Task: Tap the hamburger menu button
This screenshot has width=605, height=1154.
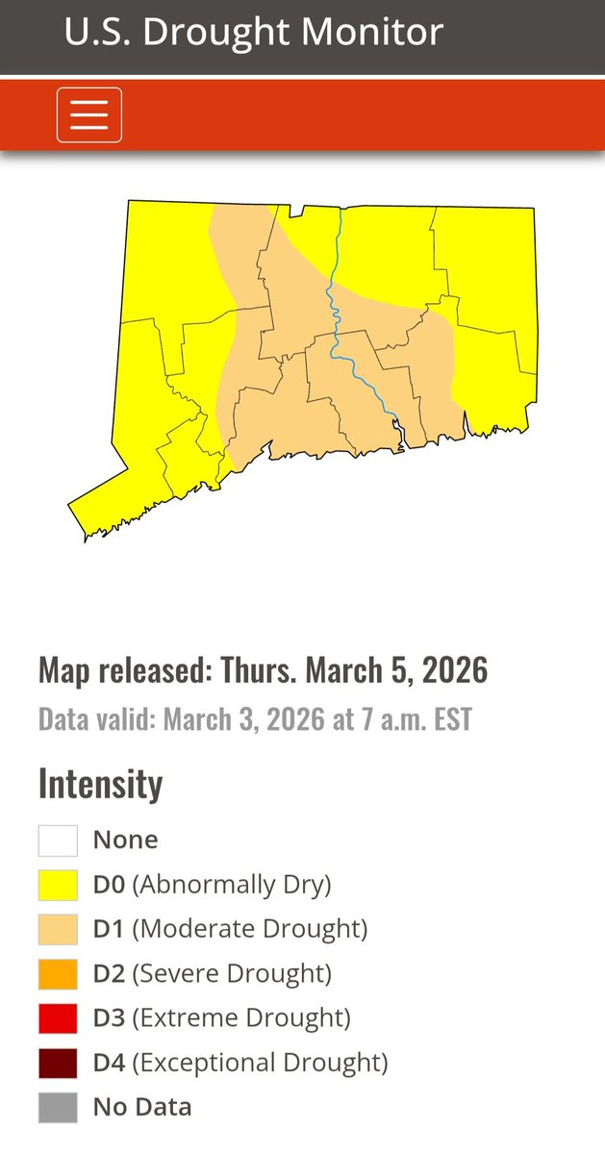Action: (89, 115)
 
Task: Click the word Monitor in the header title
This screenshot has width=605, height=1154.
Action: (382, 32)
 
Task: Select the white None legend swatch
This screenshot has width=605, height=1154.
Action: (58, 840)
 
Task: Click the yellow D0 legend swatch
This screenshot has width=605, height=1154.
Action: (58, 884)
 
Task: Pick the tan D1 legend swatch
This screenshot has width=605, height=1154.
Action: (58, 929)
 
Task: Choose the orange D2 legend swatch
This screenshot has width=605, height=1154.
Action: (58, 973)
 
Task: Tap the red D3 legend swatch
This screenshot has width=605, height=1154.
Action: (58, 1017)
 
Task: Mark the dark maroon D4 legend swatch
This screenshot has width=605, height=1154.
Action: (58, 1063)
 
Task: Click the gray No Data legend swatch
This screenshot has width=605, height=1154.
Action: (58, 1107)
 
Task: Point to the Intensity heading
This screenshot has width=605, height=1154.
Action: (100, 784)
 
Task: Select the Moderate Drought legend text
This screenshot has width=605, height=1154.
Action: (250, 929)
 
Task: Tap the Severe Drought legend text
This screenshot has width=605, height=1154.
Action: (232, 973)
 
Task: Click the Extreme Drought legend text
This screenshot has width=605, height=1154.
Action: (241, 1017)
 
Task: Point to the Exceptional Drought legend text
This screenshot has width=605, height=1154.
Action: (260, 1063)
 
